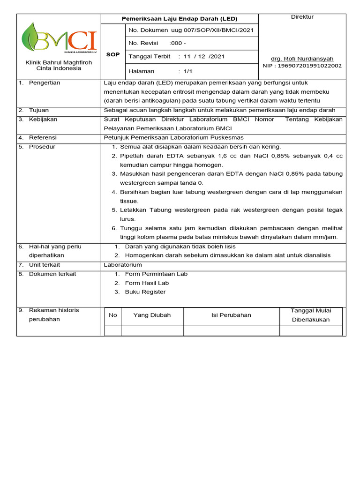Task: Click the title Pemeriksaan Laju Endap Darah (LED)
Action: (x=180, y=19)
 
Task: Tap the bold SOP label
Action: (x=113, y=55)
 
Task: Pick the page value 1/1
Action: (x=188, y=71)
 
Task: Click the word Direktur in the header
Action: (x=302, y=17)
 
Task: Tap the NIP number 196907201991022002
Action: (x=308, y=66)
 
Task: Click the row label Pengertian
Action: (x=45, y=83)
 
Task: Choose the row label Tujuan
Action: (x=39, y=110)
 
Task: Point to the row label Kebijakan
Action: (x=43, y=120)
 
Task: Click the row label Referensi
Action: (x=43, y=138)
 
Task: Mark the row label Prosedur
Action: (x=42, y=147)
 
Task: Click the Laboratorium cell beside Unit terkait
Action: (x=123, y=265)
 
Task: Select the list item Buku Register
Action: (x=145, y=292)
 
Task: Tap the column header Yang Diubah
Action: (x=152, y=315)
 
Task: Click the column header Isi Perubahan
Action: (x=231, y=315)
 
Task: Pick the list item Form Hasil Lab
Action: (x=147, y=283)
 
